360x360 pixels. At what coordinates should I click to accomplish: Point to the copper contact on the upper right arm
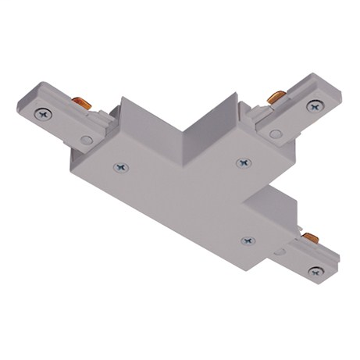pos(274,97)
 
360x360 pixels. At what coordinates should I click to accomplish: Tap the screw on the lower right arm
pos(316,270)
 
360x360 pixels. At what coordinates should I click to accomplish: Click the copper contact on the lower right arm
pos(309,236)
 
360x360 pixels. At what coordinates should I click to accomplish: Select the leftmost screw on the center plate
pos(119,166)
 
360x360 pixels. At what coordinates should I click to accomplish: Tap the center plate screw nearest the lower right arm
pos(248,241)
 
